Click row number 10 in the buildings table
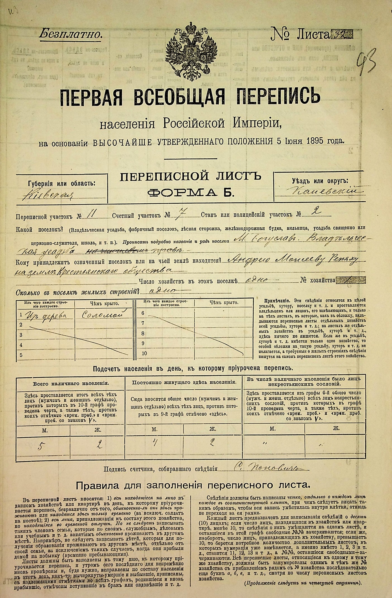144,353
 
